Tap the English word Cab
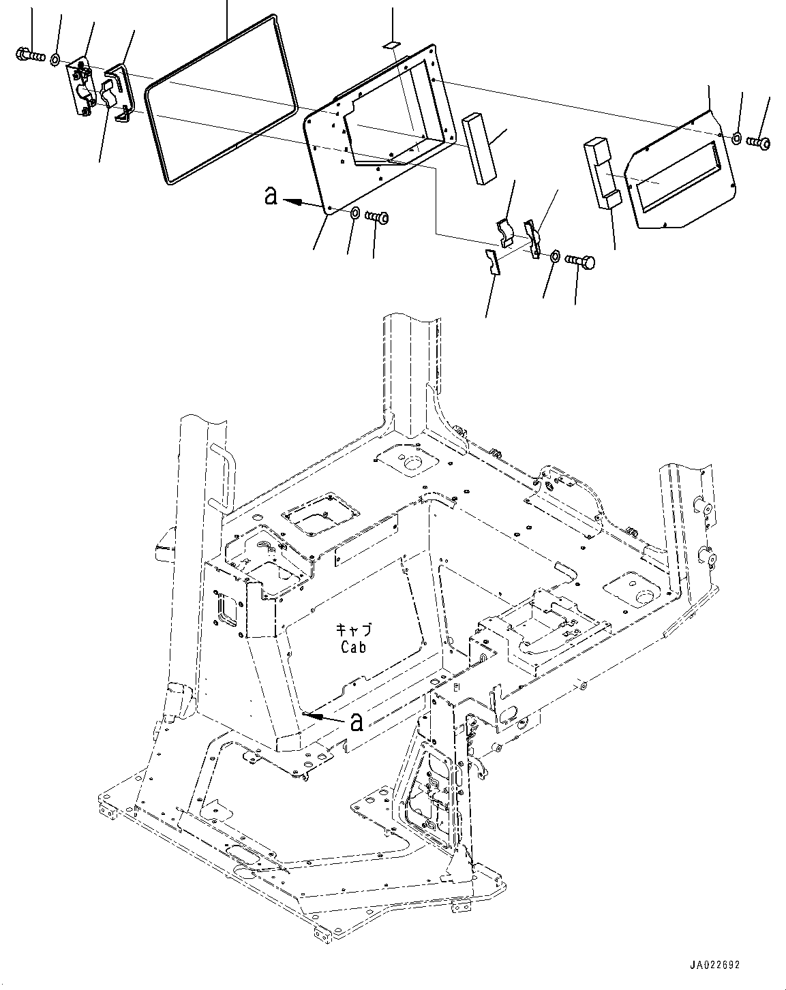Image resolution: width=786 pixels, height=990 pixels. tap(353, 647)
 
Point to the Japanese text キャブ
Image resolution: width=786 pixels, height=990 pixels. tap(353, 630)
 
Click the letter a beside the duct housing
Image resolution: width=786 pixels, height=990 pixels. tap(271, 196)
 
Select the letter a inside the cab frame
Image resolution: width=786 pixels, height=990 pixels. tap(356, 722)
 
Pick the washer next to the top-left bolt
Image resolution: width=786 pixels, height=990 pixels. tap(55, 60)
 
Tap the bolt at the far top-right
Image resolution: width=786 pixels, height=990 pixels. tap(758, 142)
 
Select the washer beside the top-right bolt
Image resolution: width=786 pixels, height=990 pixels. tap(738, 139)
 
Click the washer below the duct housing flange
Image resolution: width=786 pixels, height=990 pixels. tap(355, 215)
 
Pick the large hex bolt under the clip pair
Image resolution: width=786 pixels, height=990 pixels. tap(580, 261)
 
